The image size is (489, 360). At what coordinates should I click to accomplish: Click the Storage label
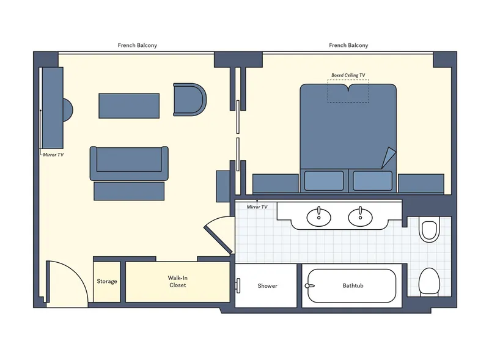(107, 281)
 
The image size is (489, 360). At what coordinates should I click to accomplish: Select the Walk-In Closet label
(177, 281)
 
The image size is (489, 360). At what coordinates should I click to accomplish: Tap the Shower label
(267, 285)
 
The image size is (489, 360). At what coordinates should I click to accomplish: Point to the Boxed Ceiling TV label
(348, 75)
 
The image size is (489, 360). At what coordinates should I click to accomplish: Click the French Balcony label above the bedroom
(348, 45)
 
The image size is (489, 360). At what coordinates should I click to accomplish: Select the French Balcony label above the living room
(138, 45)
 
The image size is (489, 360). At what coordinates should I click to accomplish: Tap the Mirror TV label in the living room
(53, 155)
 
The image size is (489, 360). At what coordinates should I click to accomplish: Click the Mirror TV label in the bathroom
(257, 207)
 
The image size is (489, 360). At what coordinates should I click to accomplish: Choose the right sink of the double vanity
(359, 216)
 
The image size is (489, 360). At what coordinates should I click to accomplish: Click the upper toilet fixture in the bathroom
(429, 230)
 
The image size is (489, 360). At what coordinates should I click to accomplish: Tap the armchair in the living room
(189, 99)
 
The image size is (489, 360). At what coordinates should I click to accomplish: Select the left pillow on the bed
(324, 180)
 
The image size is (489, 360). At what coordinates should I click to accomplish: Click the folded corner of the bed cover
(388, 159)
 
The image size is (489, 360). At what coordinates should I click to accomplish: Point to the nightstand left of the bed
(275, 183)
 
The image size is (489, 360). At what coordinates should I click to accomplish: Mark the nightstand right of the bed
(421, 183)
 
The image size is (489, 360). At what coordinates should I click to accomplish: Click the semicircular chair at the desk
(68, 110)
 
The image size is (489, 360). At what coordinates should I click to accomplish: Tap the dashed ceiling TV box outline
(348, 92)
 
